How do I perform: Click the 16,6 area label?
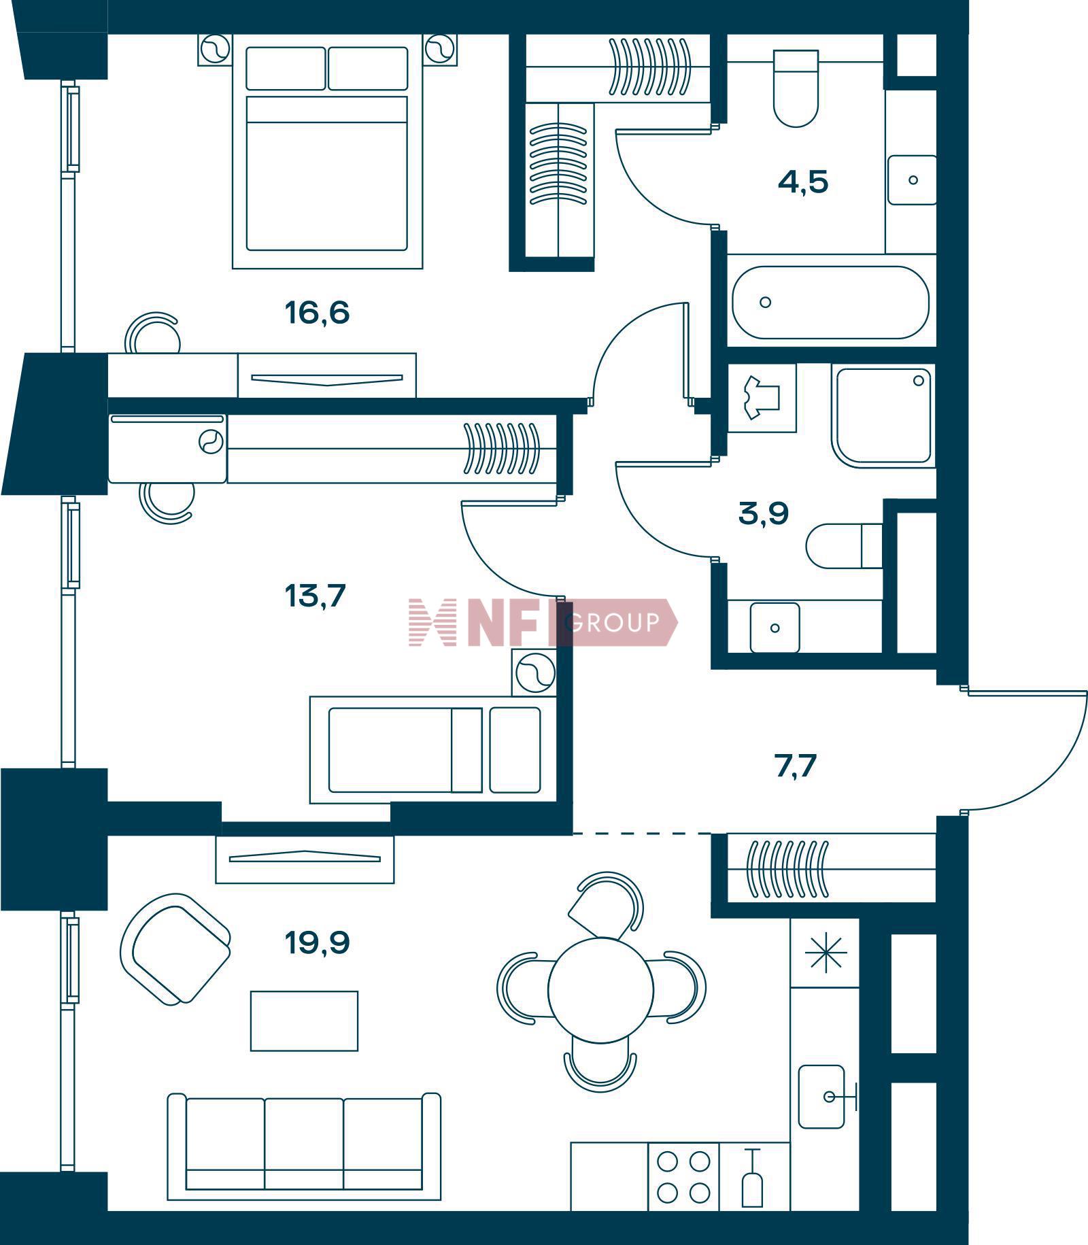317,313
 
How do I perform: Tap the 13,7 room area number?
316,596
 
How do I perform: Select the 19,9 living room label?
318,942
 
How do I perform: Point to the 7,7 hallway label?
795,766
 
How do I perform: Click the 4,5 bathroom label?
803,182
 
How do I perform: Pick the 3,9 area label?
764,514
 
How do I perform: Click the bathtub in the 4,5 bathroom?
830,302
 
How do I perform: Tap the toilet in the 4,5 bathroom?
796,88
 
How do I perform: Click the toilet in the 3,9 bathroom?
845,545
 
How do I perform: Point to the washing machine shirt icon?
762,398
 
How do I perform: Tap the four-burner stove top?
683,1177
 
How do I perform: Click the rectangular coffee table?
304,1021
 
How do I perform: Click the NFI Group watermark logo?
543,622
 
